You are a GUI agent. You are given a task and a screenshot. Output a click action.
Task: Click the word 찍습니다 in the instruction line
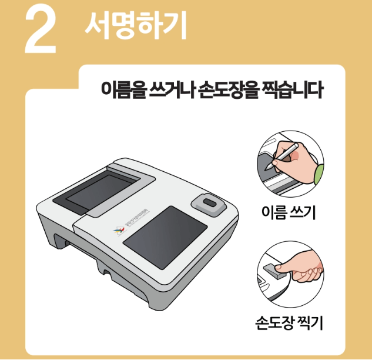point(291,91)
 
